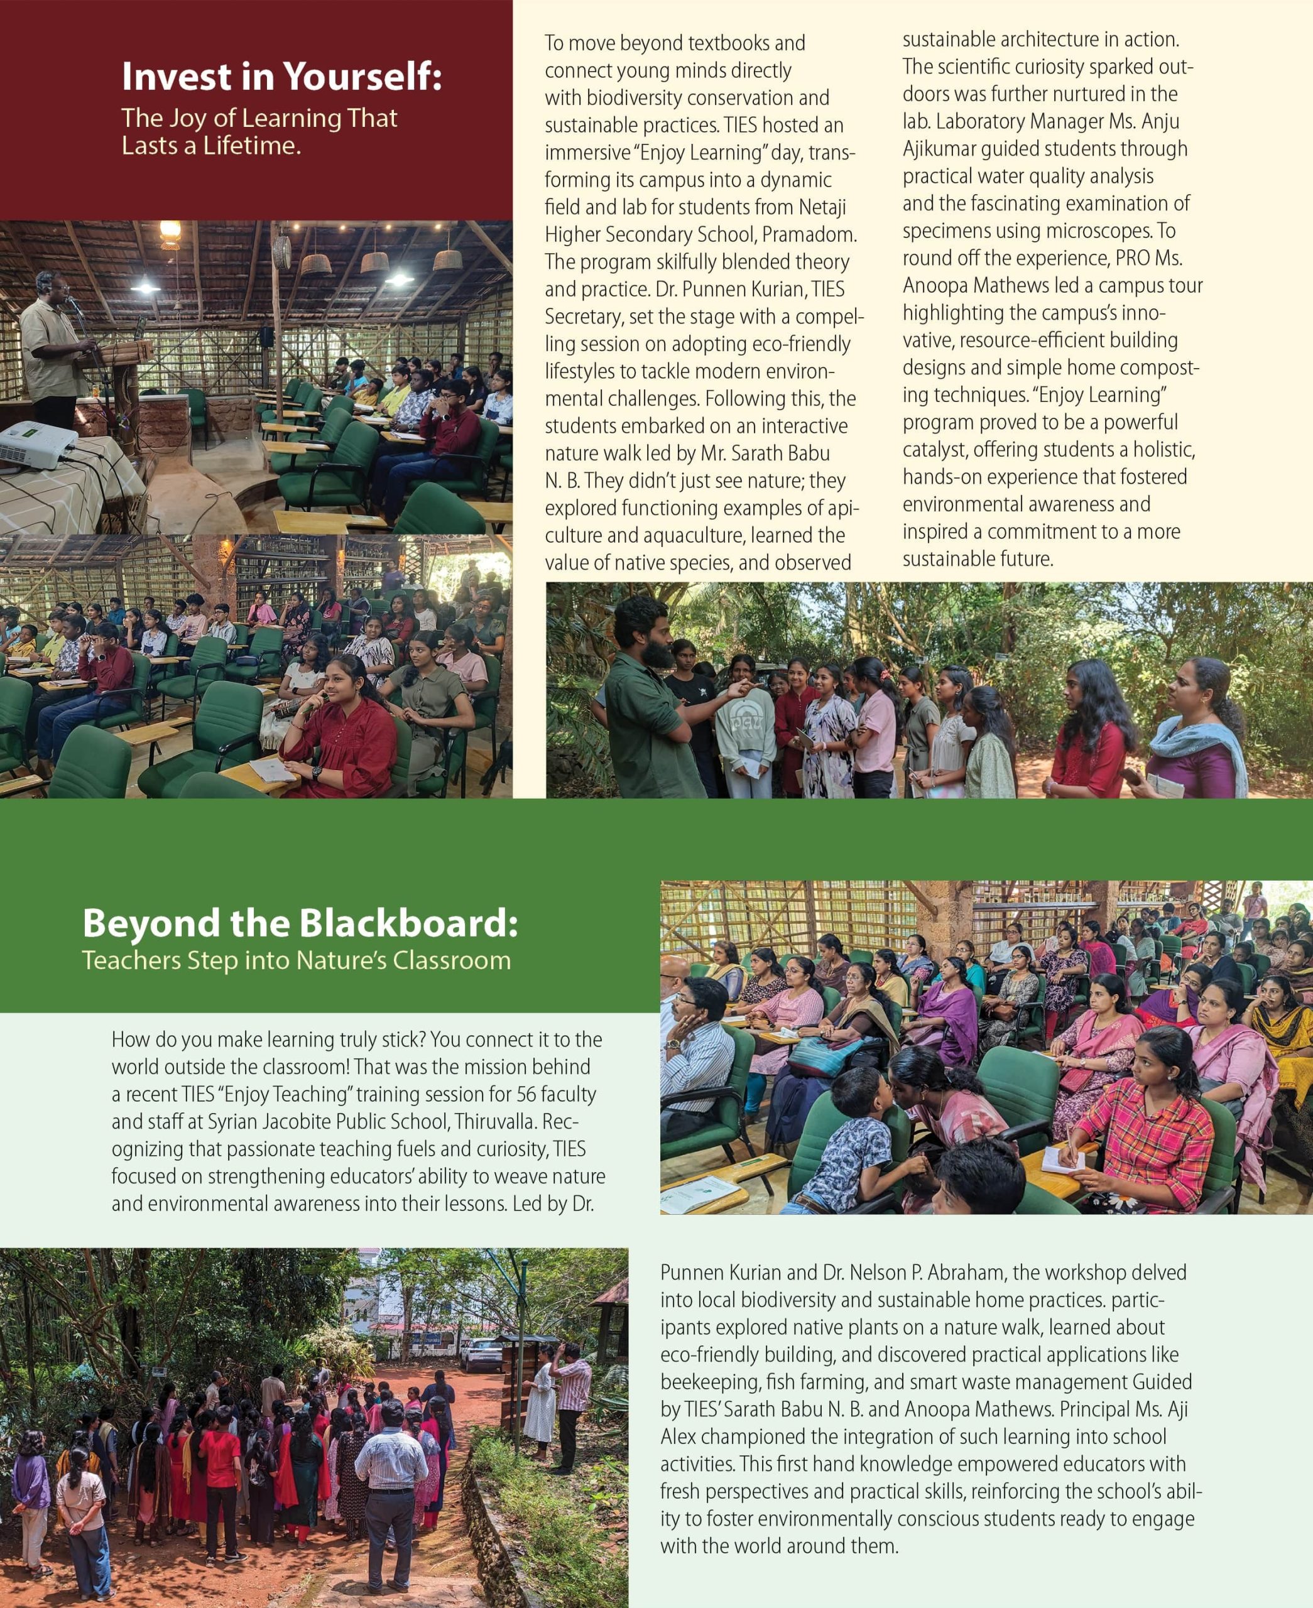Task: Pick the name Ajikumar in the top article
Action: pos(939,149)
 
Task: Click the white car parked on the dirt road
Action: pos(482,1355)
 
